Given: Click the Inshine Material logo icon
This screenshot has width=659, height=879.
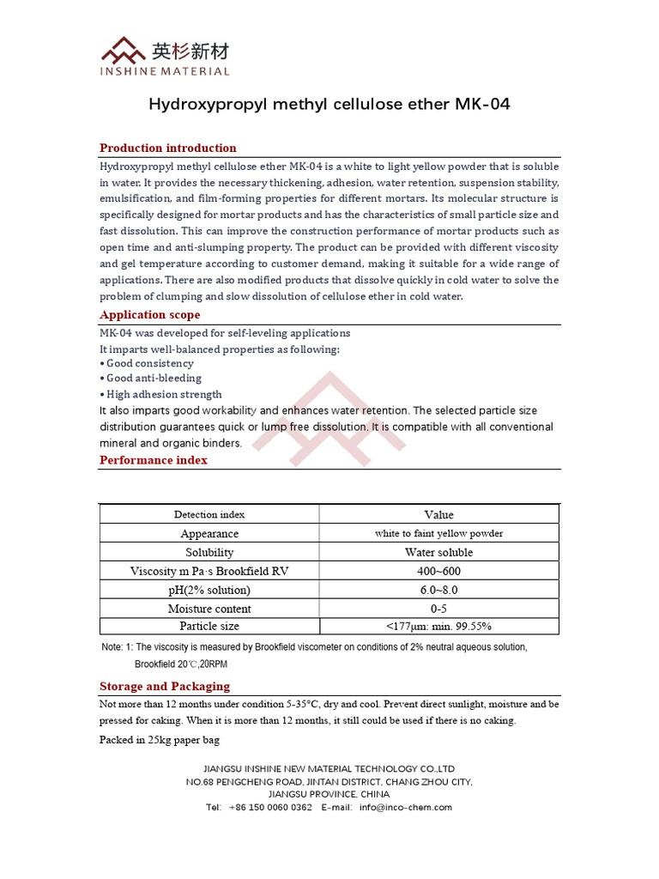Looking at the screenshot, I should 124,49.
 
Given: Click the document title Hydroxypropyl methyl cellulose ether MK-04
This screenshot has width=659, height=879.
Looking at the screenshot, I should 329,105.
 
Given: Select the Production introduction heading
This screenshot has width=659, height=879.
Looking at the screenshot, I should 167,148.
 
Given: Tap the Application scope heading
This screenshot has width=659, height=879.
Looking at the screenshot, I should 149,314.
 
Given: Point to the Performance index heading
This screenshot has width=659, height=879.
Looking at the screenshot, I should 153,459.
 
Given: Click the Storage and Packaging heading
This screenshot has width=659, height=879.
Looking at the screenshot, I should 164,686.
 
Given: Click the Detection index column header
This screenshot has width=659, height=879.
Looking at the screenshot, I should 209,514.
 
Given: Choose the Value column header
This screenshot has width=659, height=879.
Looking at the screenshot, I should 438,514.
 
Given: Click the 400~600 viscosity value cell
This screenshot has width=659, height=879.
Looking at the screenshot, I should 438,571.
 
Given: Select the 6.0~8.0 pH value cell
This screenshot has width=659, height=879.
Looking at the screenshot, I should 438,590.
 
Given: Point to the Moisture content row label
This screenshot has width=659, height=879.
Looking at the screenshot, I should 209,609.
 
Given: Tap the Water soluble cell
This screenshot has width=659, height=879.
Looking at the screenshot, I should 438,552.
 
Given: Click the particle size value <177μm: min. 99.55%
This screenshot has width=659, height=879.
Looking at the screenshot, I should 438,626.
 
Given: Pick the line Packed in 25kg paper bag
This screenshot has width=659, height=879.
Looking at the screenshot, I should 160,739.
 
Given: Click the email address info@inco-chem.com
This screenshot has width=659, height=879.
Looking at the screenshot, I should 405,807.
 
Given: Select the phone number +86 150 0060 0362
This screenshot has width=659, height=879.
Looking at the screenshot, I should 270,807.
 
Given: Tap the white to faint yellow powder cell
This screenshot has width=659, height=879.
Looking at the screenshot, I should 438,533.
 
